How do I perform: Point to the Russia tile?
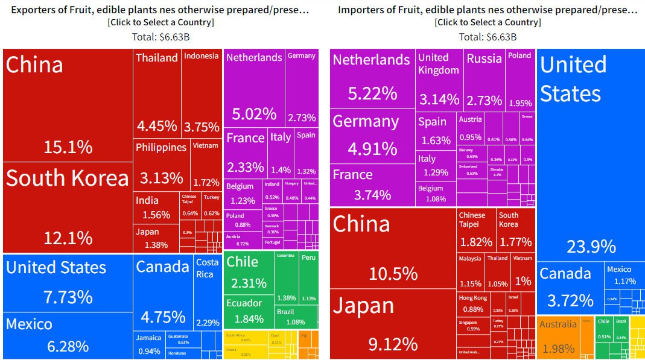coord(484,79)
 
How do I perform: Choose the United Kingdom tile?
coord(439,79)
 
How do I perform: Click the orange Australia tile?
coord(558,337)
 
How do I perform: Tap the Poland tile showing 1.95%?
coord(519,79)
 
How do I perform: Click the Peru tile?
coord(308,278)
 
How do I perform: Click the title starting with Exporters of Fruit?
coord(160,10)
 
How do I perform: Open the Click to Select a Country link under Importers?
coord(488,22)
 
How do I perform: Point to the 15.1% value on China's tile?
coord(68,147)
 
